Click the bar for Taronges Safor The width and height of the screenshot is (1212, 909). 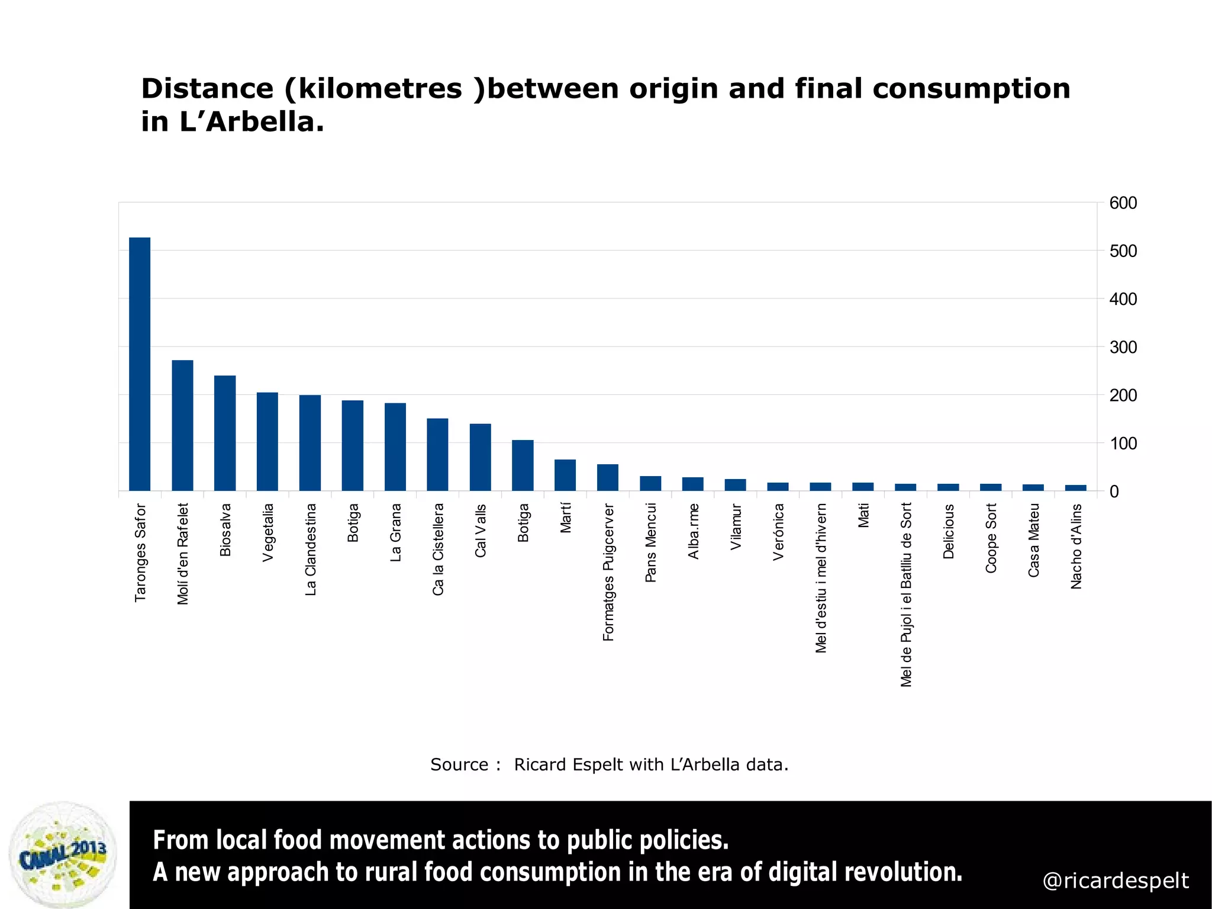140,364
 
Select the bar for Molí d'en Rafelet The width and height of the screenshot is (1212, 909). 182,425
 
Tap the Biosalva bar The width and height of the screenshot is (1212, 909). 225,433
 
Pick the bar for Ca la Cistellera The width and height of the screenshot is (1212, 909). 437,454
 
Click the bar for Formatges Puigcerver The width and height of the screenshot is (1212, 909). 608,477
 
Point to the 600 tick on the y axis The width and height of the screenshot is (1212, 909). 1123,203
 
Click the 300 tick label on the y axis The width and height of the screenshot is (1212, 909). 1123,347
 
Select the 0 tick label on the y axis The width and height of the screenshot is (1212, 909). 1114,492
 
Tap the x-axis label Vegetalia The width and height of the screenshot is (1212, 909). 268,532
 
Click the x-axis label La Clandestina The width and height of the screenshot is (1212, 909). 311,549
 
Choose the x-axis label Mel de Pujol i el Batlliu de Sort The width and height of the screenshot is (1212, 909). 906,595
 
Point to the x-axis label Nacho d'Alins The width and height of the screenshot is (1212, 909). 1076,546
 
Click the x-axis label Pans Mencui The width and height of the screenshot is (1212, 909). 650,542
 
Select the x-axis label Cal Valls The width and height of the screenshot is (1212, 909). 481,530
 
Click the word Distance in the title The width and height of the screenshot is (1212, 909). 207,89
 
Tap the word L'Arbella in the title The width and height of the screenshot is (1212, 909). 252,122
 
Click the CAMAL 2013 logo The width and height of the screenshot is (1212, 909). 63,854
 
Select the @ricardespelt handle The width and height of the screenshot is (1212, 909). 1115,881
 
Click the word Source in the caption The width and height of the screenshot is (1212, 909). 459,765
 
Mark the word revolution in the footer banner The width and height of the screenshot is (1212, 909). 902,872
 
